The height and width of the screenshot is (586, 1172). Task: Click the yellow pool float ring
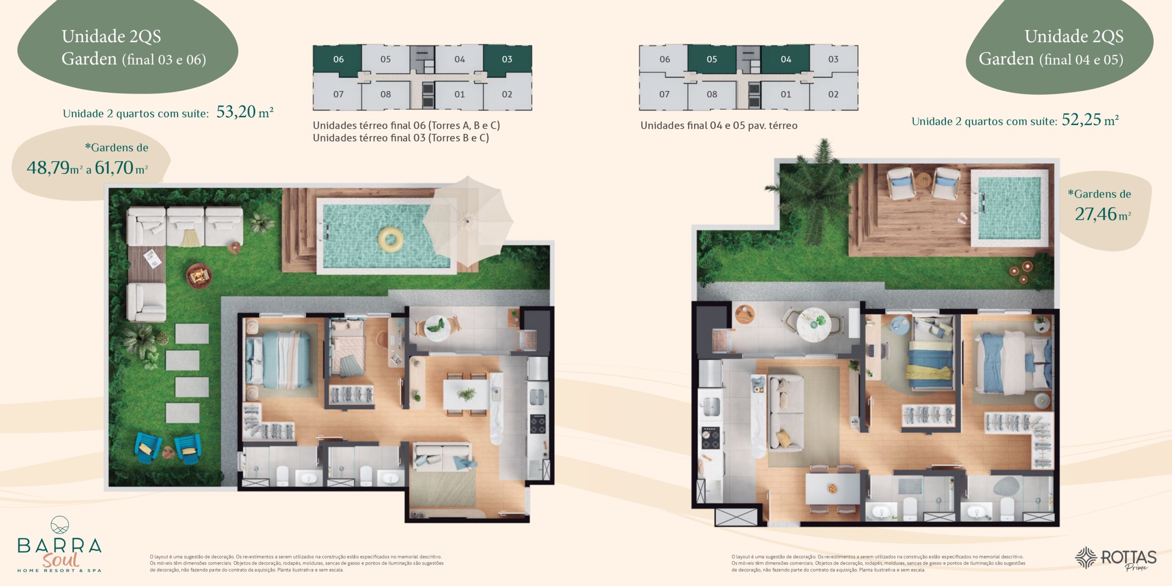(391, 239)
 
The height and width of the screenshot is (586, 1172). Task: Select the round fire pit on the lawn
(199, 276)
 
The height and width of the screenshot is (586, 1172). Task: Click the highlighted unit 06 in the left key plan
(338, 60)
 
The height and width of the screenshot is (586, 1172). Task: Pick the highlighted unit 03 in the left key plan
(507, 60)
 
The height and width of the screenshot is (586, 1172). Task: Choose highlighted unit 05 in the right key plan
(711, 60)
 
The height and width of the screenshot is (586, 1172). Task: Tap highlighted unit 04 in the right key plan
(786, 60)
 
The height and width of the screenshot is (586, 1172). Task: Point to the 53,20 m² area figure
(245, 112)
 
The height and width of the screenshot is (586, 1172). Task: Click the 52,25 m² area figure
(1090, 119)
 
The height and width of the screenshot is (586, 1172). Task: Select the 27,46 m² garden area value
(1102, 214)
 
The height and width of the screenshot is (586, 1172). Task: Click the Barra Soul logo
(60, 544)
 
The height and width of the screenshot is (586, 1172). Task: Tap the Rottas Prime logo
(1116, 559)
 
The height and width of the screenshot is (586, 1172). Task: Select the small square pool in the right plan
(1009, 208)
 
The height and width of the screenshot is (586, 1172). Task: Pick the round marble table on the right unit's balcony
(814, 324)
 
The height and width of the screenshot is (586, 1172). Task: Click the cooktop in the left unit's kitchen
(537, 424)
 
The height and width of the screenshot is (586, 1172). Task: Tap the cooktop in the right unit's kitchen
(710, 438)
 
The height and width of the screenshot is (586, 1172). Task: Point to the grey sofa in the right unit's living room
(786, 412)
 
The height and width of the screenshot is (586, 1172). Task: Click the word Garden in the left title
(89, 59)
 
